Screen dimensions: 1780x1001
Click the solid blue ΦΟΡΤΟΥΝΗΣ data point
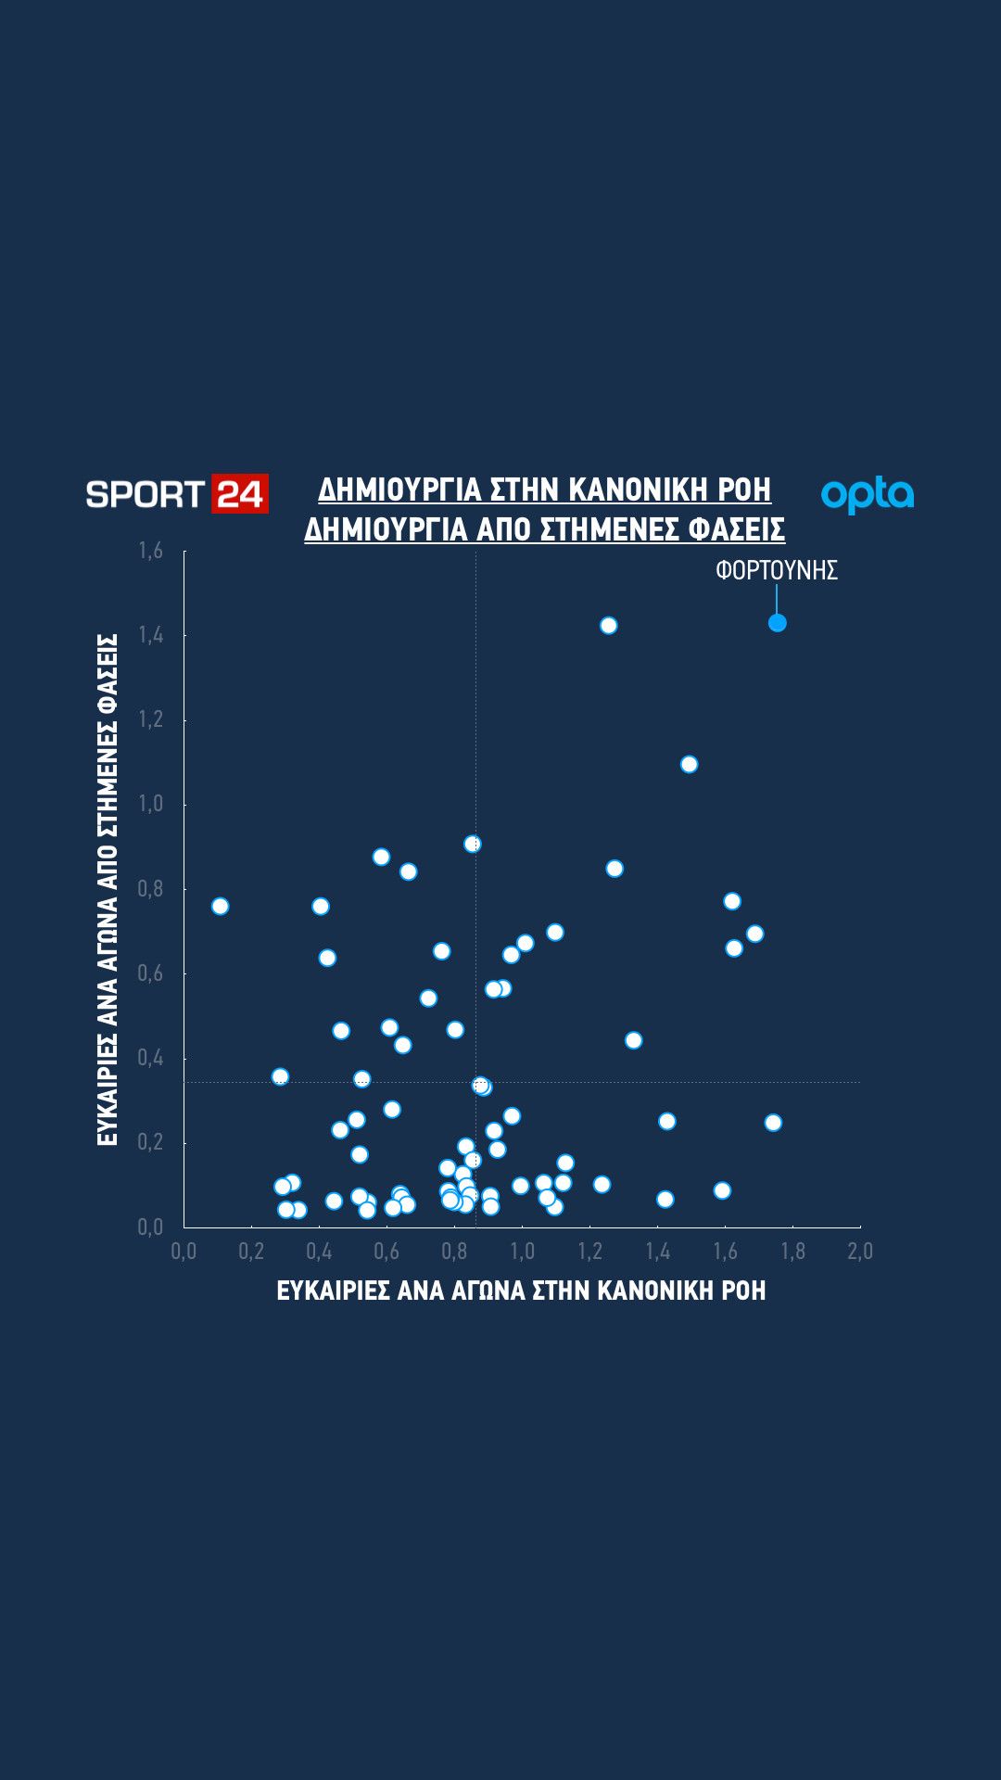778,623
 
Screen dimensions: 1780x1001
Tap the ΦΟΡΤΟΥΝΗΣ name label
777,570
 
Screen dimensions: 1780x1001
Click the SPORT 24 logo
177,493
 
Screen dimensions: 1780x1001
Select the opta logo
868,495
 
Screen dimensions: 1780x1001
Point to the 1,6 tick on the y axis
150,551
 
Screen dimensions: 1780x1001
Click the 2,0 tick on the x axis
860,1252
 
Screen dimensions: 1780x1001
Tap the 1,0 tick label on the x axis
522,1252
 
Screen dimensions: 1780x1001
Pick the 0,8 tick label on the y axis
150,889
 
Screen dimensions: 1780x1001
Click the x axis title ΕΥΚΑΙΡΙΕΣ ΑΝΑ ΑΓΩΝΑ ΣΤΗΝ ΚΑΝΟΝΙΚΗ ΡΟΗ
521,1290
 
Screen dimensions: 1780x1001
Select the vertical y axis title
108,889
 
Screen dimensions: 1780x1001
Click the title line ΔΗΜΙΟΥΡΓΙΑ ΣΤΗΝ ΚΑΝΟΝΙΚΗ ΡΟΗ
545,489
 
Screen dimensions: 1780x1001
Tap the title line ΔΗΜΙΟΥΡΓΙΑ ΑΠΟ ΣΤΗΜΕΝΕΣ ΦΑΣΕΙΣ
545,529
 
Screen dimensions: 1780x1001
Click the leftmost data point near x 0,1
220,906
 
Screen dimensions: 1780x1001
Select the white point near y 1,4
608,626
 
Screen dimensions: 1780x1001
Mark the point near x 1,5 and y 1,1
689,764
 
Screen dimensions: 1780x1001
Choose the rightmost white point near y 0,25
773,1123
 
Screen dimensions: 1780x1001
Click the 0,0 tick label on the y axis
150,1227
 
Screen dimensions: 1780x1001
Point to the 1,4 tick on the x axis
657,1252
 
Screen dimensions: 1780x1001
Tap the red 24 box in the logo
240,493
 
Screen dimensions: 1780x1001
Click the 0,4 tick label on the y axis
150,1058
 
